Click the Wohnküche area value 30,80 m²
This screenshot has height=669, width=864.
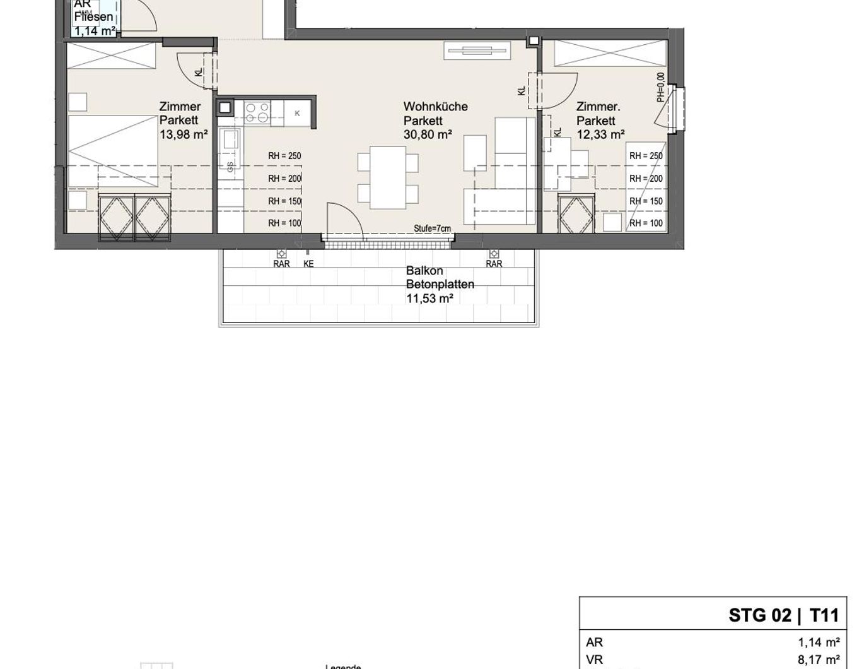click(428, 134)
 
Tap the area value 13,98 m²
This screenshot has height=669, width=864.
click(184, 134)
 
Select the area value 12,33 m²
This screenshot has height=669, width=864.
click(600, 134)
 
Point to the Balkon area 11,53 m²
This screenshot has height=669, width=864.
click(429, 299)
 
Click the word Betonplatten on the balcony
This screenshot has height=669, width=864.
click(440, 285)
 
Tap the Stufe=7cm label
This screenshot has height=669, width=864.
click(432, 228)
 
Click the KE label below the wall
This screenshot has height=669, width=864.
click(308, 264)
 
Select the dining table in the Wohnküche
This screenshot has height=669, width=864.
click(387, 177)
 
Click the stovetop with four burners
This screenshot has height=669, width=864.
click(257, 113)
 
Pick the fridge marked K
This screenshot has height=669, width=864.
click(297, 114)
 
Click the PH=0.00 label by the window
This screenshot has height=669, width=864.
click(660, 87)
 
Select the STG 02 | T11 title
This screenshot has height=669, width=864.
click(783, 615)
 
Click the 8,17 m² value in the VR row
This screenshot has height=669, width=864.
click(818, 660)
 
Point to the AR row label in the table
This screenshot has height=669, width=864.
click(594, 642)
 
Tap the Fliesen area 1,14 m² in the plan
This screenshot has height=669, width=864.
click(94, 30)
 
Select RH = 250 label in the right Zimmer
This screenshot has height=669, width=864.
click(646, 156)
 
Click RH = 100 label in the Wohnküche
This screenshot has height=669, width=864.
click(284, 223)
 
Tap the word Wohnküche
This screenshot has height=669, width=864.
click(435, 107)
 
